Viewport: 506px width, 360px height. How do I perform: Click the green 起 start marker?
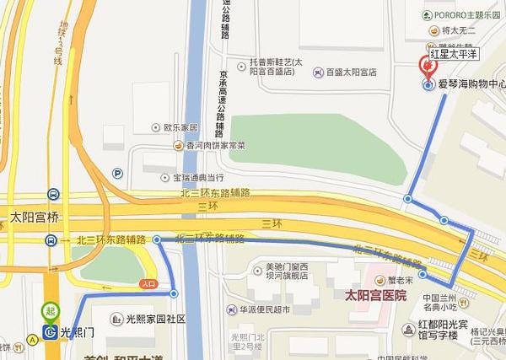point(51,313)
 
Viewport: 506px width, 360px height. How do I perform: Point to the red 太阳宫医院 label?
point(376,295)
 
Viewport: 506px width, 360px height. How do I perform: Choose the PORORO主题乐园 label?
point(467,14)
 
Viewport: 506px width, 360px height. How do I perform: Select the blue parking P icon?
point(117,175)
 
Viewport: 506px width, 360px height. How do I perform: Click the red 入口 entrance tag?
point(149,284)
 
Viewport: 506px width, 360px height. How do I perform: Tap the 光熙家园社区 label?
point(155,320)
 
